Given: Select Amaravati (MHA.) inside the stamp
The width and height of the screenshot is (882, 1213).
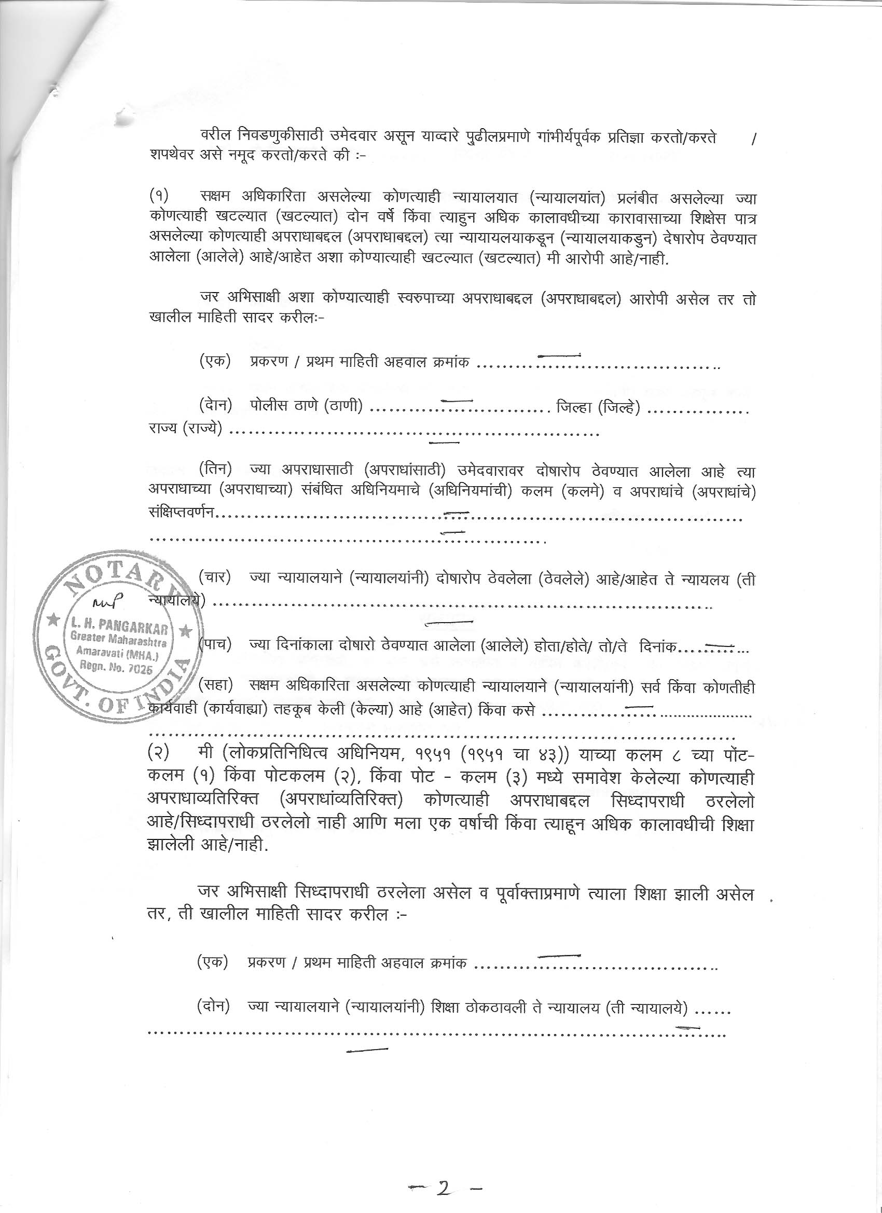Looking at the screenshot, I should pos(118,653).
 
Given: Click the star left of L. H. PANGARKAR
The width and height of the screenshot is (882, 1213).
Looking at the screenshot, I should pos(53,622).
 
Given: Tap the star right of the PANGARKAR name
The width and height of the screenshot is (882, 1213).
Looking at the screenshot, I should pos(186,631).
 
